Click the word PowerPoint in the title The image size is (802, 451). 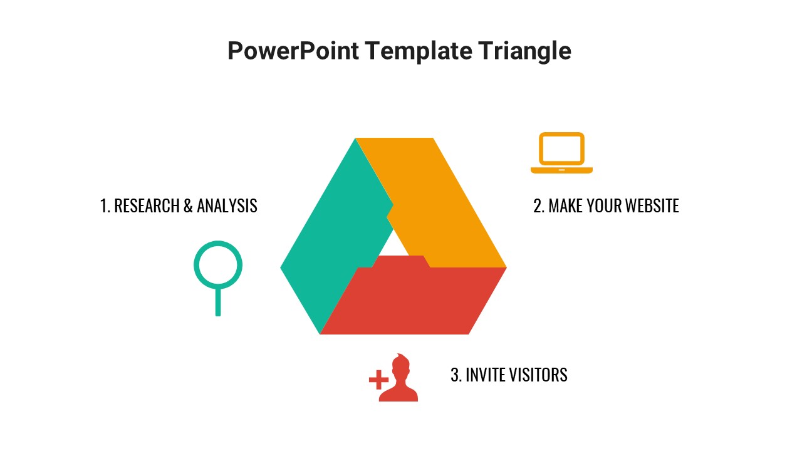[x=293, y=51]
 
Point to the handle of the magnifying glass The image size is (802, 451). [x=218, y=302]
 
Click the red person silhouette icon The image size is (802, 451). [x=398, y=380]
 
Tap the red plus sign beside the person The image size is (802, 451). [x=378, y=380]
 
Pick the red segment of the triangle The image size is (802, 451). [x=414, y=301]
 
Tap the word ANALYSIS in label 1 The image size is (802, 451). [x=227, y=205]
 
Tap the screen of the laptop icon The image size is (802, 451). [x=561, y=148]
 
